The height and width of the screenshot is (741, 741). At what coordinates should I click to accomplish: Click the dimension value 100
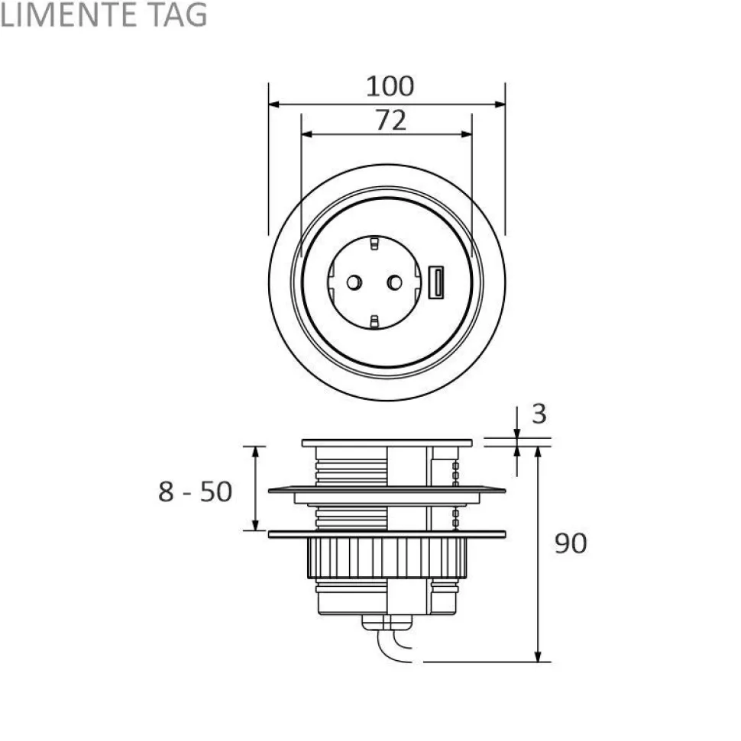point(390,86)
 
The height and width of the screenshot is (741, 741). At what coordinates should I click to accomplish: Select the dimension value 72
point(391,120)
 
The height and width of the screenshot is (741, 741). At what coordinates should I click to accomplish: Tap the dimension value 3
point(539,414)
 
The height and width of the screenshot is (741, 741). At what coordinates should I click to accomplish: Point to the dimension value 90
point(571,543)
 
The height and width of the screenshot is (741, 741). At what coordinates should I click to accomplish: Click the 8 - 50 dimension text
point(195,491)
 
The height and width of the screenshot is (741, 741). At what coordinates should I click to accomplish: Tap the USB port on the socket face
point(435,282)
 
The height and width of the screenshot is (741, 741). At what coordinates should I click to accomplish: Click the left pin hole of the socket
point(354,282)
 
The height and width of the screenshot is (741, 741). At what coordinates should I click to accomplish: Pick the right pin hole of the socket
point(395,282)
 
